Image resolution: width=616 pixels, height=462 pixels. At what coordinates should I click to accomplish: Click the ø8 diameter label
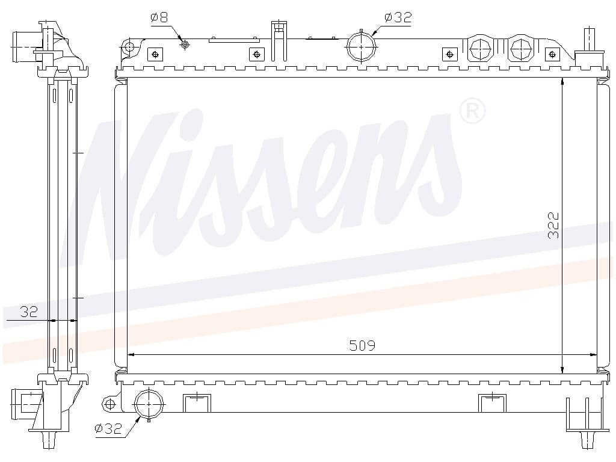click(x=159, y=17)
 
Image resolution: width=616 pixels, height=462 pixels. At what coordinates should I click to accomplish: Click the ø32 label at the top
click(x=398, y=17)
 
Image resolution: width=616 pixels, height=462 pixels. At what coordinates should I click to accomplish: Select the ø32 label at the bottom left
click(x=108, y=428)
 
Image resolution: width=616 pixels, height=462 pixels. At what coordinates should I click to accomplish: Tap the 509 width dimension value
click(x=362, y=345)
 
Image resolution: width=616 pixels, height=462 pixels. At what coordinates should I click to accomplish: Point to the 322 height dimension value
click(x=553, y=226)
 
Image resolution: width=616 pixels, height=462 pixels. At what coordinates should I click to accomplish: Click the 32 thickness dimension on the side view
click(x=29, y=312)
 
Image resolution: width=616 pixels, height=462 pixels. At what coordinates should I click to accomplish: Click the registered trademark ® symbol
click(x=472, y=111)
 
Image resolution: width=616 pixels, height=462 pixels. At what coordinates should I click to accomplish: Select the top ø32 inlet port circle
click(x=362, y=46)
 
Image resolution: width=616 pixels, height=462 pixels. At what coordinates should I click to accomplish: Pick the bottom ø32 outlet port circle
click(x=149, y=404)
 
